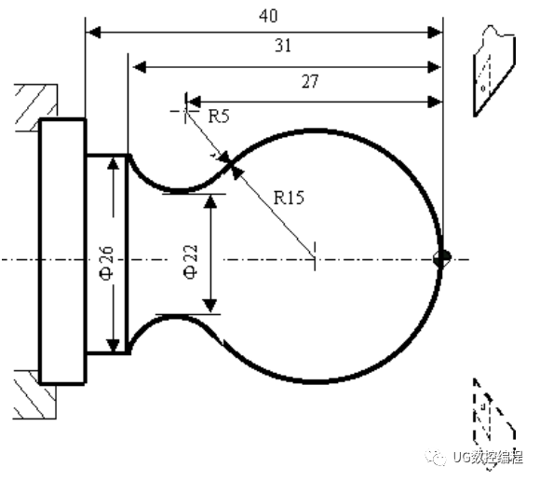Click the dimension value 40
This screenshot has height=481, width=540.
pos(268,16)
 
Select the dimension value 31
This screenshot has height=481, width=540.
pos(283,46)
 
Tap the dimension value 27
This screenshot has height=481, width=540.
pos(310,82)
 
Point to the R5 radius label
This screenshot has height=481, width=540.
pos(219,116)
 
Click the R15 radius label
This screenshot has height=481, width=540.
pos(289,198)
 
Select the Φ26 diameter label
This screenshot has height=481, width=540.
pos(106,264)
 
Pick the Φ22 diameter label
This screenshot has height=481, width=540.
pos(191,261)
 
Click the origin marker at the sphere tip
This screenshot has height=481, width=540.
pos(442,258)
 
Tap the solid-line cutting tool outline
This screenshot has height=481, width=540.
pos(494,71)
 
